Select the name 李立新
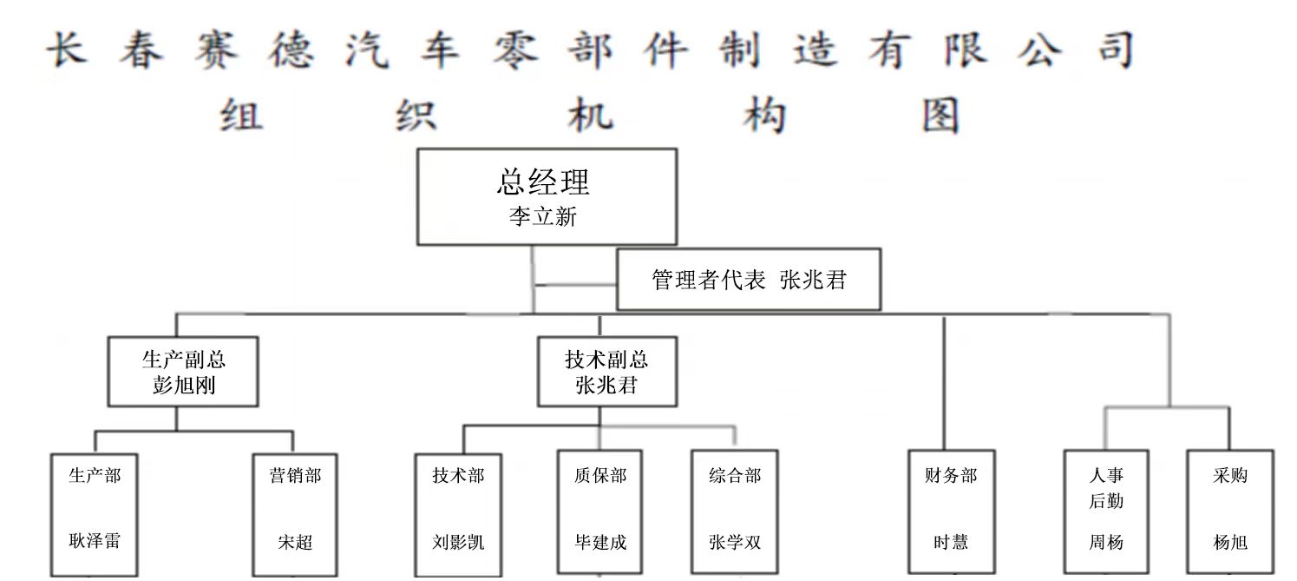(543, 217)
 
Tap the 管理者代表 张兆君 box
(748, 280)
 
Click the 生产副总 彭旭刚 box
(183, 372)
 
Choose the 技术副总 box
(606, 372)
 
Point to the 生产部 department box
(95, 512)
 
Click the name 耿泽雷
(95, 542)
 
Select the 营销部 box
(295, 512)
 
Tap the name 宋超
(295, 543)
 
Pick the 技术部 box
(458, 512)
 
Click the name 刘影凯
(458, 543)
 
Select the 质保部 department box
(599, 512)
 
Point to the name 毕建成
(600, 543)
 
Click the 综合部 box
(735, 512)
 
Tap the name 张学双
(735, 543)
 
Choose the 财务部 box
(951, 512)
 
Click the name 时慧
(951, 543)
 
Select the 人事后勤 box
(1106, 512)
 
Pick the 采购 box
(1230, 512)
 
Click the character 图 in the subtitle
(940, 116)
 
